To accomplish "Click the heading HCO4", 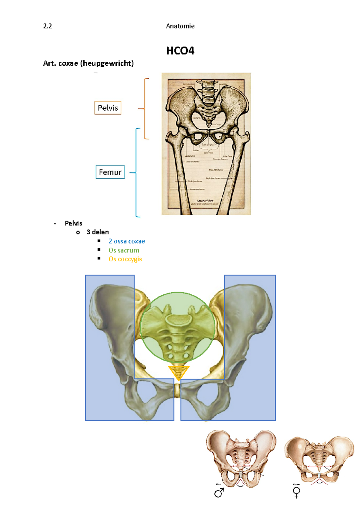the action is pos(180,51).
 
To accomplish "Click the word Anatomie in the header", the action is pos(180,26).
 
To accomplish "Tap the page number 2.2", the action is pos(47,26).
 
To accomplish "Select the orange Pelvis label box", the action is pos(108,108).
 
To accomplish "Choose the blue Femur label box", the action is pos(110,172).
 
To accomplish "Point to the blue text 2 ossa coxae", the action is pos(127,241).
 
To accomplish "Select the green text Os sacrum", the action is pos(124,250).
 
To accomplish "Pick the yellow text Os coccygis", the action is pos(125,259).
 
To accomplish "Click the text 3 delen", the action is pos(97,232).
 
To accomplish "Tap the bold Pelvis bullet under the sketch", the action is pos(73,223).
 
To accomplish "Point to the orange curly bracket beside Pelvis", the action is pos(145,109).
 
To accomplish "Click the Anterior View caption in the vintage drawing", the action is pos(205,201).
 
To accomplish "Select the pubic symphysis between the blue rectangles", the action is pos(177,391).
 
